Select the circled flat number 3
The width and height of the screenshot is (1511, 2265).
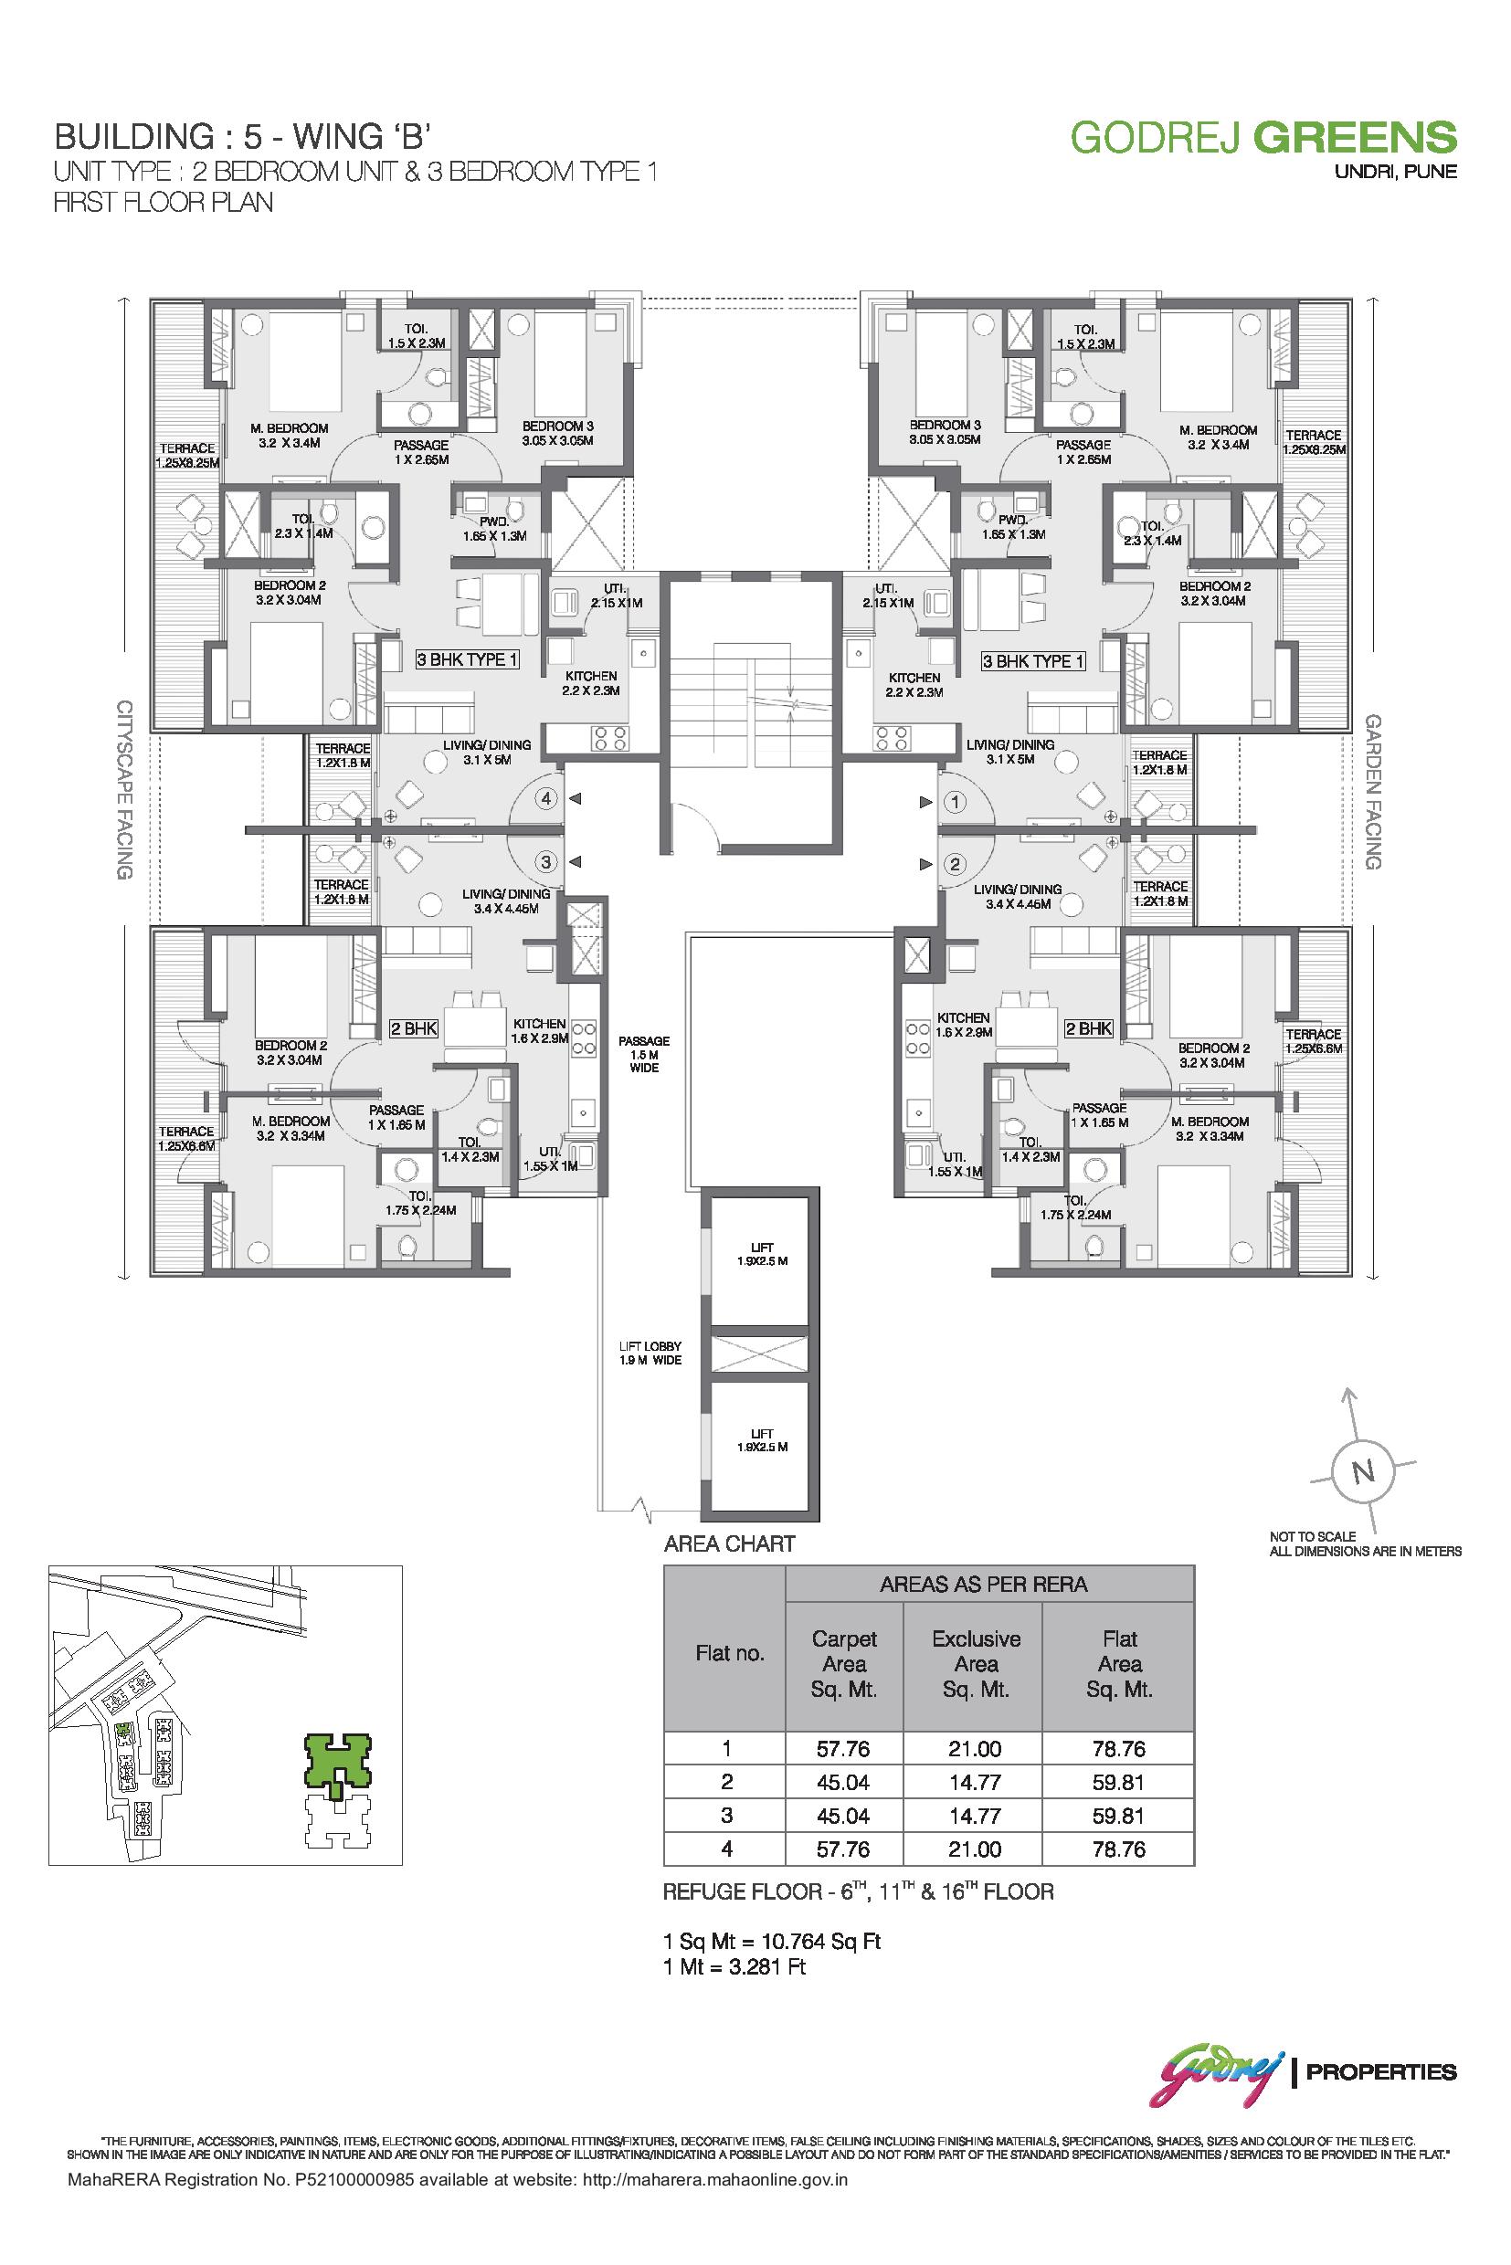coord(546,861)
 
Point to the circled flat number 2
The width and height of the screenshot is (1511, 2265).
coord(956,864)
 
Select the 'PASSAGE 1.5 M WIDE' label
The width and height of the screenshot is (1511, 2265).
coord(644,1055)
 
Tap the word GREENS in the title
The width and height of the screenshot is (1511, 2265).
coord(1354,137)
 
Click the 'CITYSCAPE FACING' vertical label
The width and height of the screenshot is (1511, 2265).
coord(124,789)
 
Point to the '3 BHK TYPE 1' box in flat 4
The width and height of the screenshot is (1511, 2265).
coord(468,660)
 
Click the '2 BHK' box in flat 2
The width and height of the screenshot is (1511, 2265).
coord(1089,1029)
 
